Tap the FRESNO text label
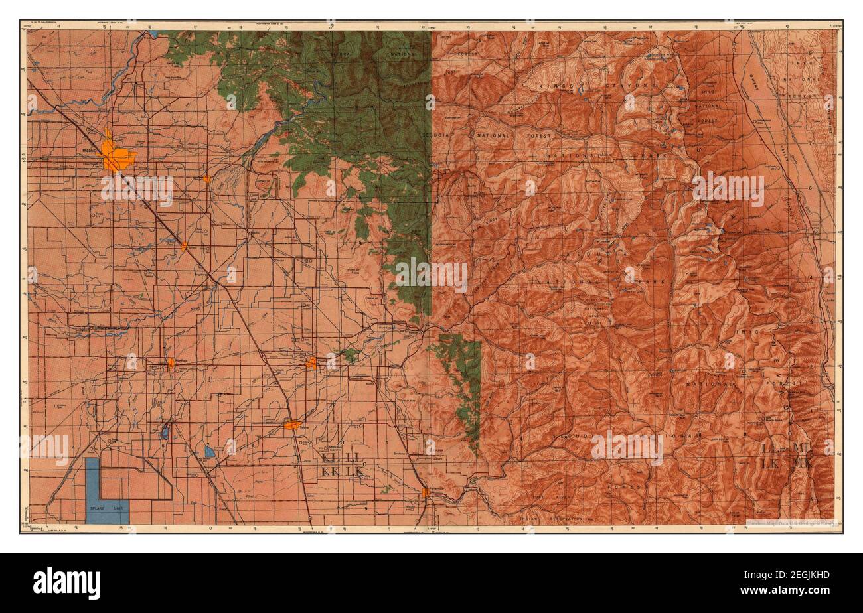coord(91,151)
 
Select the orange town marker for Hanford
coord(171,362)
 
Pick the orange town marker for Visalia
coord(311,362)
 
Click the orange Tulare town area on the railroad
coord(292,425)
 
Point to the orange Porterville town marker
coord(424,492)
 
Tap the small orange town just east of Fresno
coord(207,178)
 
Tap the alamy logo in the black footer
coord(66,582)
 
